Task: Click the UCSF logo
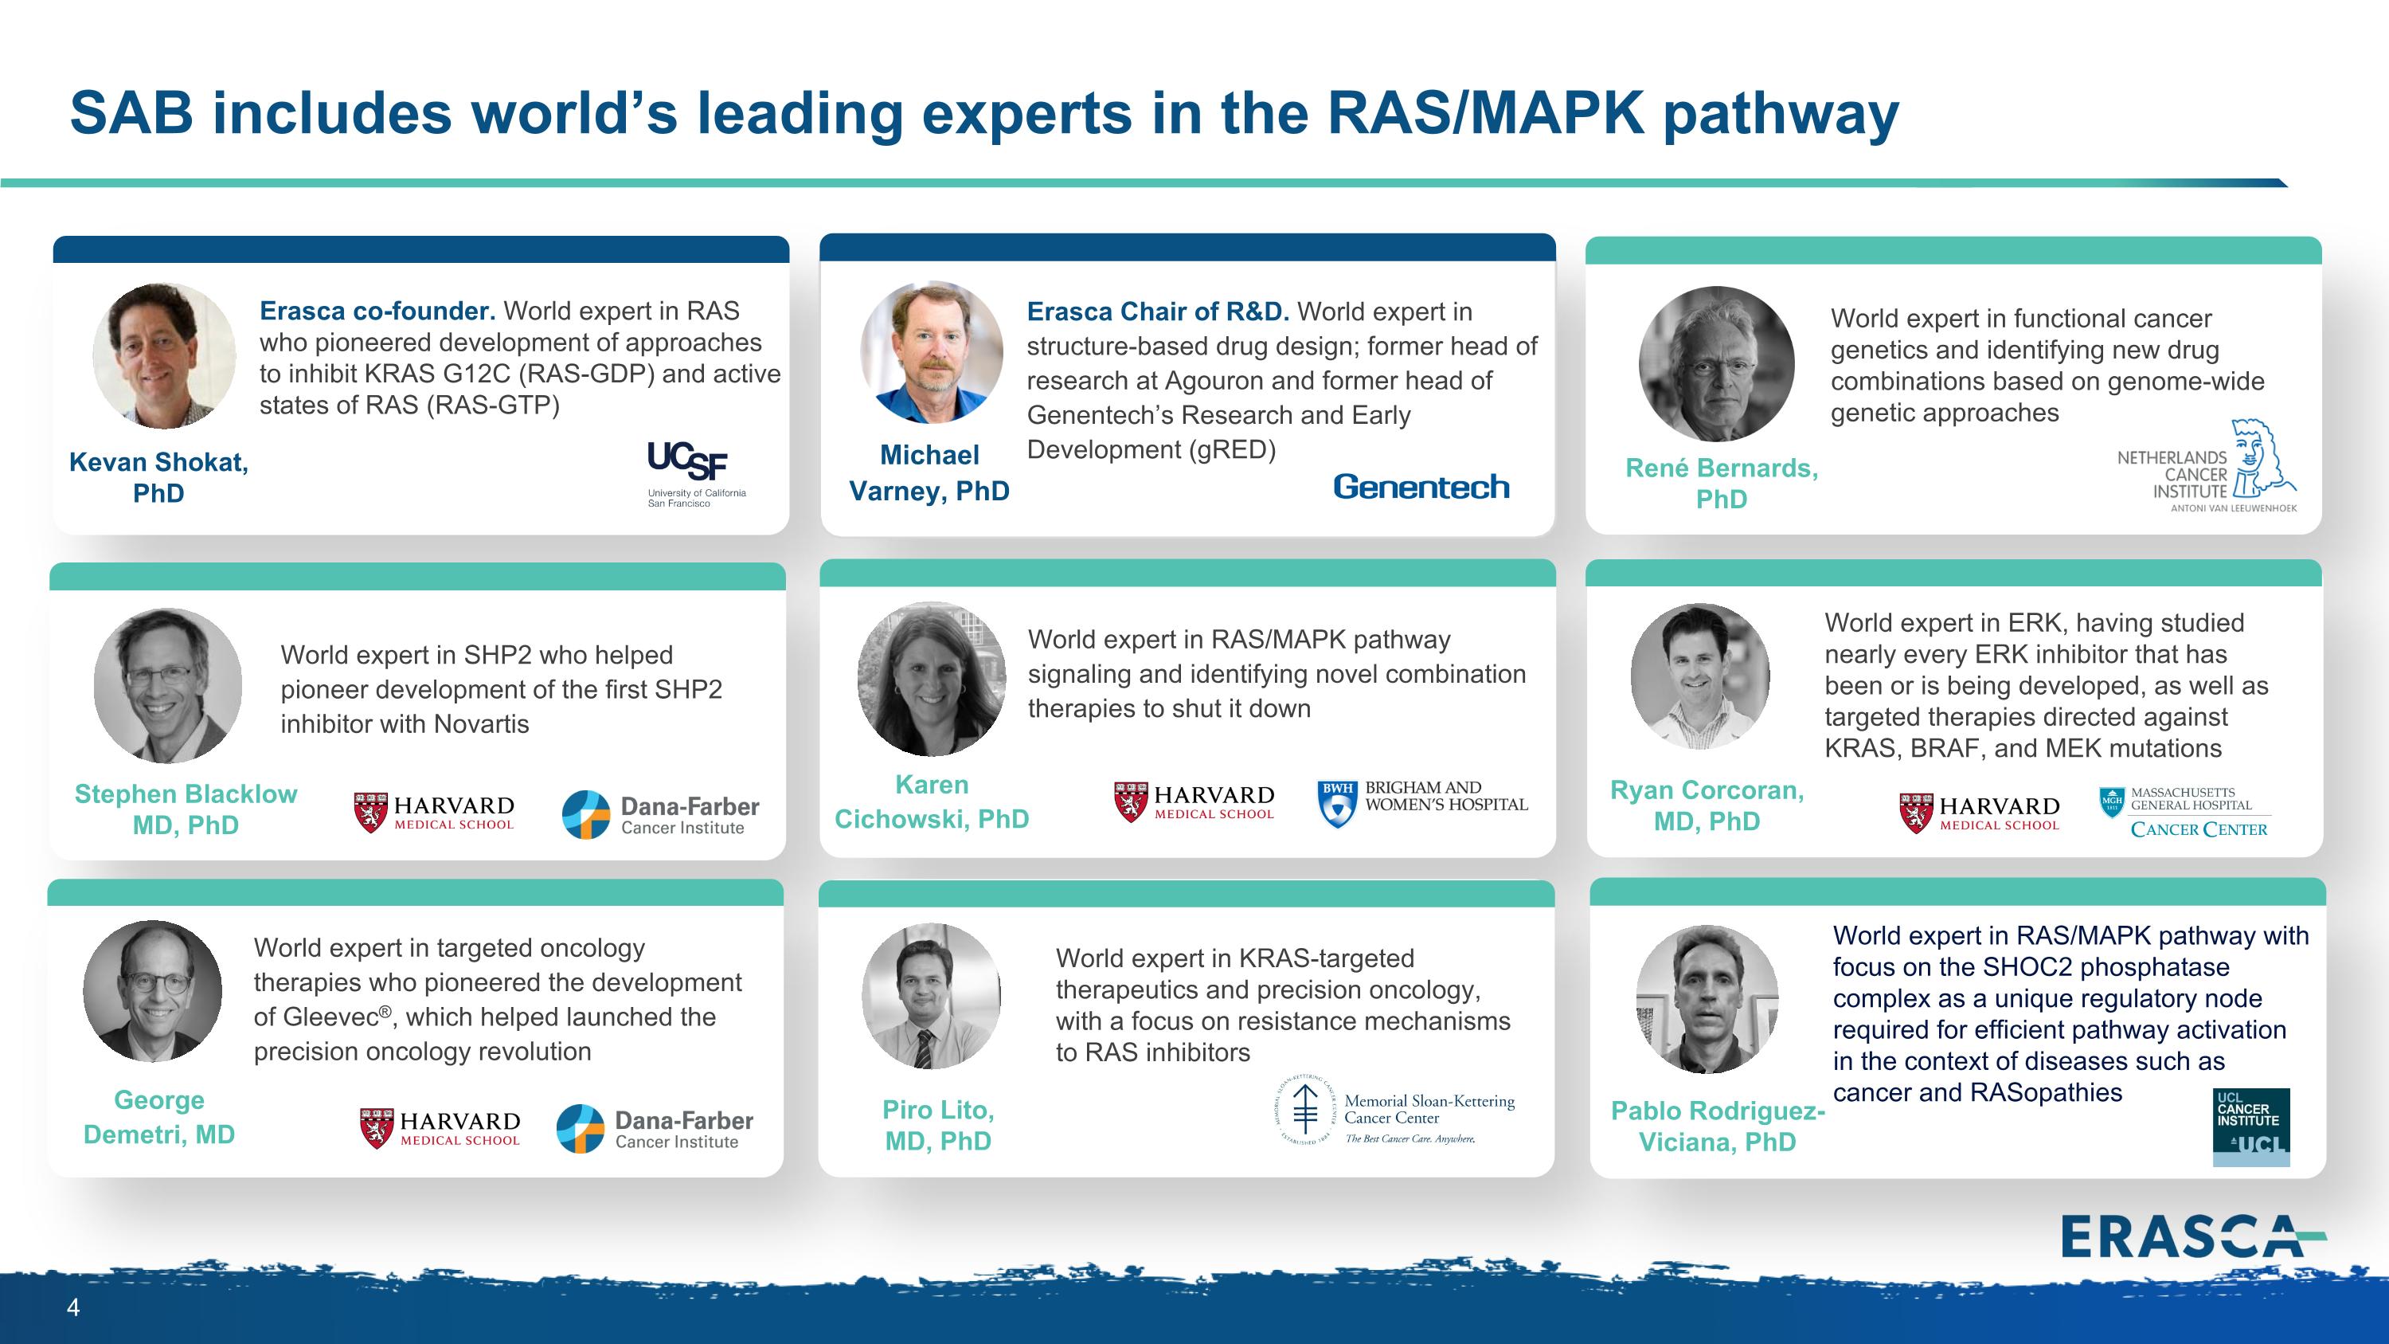(x=697, y=474)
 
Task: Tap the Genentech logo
(x=1421, y=487)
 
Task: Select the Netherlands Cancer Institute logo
(x=2207, y=467)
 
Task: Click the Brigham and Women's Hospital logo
(x=1421, y=802)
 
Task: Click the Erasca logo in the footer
(x=2193, y=1236)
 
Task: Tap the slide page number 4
(x=73, y=1308)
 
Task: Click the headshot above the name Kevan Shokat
(x=164, y=356)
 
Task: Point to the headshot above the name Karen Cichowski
(x=932, y=679)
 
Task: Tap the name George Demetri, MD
(x=159, y=1117)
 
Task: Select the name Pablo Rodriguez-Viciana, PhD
(x=1718, y=1126)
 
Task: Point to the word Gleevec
(x=331, y=1017)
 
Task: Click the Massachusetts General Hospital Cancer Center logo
(x=2185, y=813)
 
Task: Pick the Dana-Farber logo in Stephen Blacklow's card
(x=660, y=814)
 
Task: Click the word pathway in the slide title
(x=1781, y=114)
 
